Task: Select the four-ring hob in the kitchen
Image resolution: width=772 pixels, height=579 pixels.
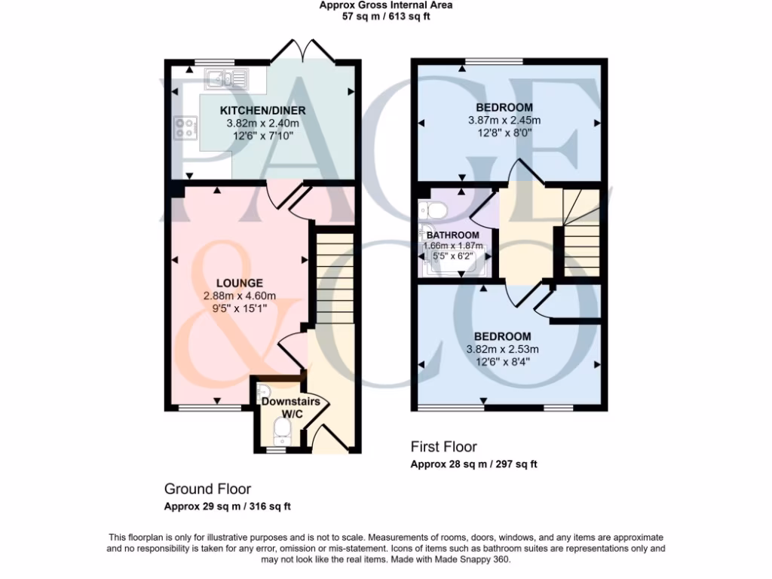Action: (x=185, y=128)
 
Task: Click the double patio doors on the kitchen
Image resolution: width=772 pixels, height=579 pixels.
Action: (x=308, y=52)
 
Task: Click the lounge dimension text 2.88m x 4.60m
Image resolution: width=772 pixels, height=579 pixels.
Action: (x=240, y=296)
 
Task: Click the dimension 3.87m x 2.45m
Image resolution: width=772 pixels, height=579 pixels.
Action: (x=504, y=120)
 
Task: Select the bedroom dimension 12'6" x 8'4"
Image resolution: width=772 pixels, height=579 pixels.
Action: (x=503, y=361)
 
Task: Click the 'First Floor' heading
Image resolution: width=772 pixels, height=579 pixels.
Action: (x=443, y=447)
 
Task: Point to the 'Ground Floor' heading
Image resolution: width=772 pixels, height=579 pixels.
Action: (x=207, y=489)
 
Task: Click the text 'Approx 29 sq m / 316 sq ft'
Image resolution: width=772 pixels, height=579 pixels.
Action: (x=227, y=506)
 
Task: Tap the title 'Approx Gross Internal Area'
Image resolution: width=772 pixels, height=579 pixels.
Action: (x=386, y=5)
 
